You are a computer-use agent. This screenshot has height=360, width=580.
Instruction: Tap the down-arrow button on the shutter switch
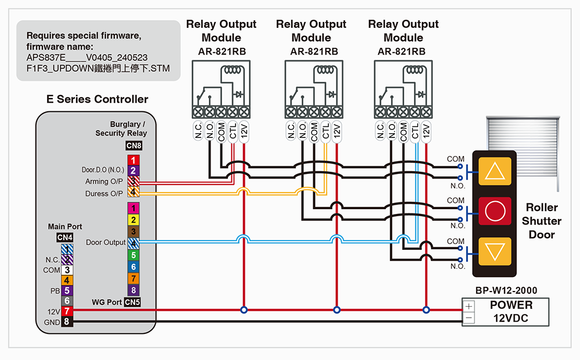[495, 252]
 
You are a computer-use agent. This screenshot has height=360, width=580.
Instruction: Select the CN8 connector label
[133, 146]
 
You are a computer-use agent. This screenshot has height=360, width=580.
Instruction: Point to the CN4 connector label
[64, 237]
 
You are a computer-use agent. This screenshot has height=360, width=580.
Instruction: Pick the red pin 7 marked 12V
[67, 311]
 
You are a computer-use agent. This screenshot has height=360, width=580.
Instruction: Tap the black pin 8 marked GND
[67, 321]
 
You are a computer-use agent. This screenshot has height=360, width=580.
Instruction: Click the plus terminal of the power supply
[469, 306]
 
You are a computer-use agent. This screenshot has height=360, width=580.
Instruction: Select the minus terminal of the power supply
[469, 318]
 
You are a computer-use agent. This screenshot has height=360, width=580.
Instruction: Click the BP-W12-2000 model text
[506, 290]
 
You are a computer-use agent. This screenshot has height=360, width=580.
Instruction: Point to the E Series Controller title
[97, 99]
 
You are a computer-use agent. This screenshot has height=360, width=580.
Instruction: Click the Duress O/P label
[104, 194]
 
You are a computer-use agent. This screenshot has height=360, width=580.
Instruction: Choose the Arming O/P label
[104, 182]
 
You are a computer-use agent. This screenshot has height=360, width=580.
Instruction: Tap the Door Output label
[106, 242]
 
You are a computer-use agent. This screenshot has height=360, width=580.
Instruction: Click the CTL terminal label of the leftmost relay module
[233, 132]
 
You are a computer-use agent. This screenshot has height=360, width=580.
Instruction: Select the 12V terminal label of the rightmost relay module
[426, 132]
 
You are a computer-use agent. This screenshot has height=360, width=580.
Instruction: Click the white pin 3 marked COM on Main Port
[67, 270]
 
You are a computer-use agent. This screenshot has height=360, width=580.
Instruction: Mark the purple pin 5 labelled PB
[67, 290]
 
